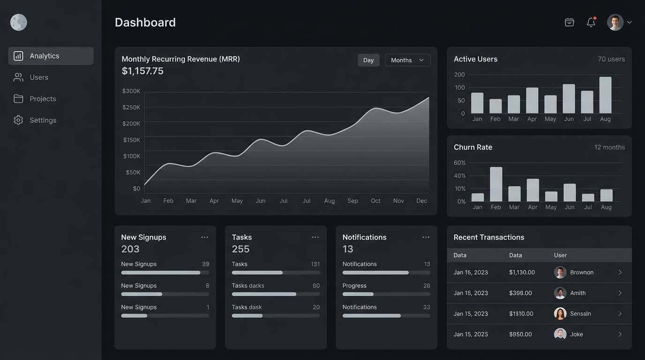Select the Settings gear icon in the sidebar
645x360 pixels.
18,120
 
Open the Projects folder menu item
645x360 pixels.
42,98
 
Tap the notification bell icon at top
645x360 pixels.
591,22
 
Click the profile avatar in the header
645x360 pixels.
615,22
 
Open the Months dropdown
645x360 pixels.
407,60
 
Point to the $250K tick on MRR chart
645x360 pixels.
132,107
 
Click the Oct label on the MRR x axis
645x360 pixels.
375,201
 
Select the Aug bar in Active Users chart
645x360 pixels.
605,95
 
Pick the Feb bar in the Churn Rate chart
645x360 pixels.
496,184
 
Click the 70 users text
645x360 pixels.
611,59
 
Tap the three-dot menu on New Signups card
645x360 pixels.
204,237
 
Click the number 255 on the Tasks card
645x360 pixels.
240,249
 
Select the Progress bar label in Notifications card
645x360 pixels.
354,285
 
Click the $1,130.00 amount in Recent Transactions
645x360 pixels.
522,272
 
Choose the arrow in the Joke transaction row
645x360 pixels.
620,334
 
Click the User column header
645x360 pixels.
560,255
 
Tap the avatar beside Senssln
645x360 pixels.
560,314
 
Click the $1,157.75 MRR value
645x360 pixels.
142,71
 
